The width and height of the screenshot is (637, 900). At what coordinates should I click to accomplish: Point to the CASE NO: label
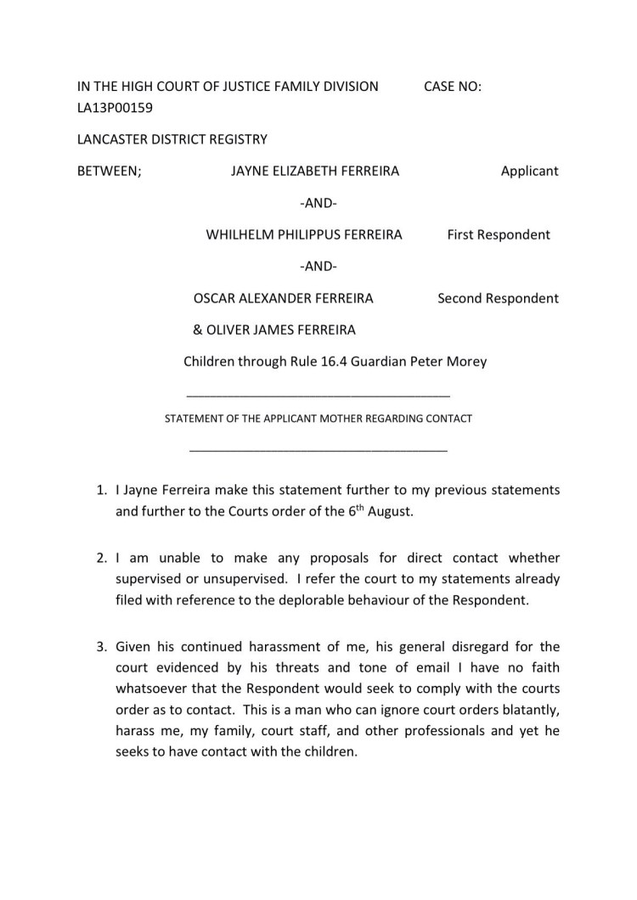click(x=452, y=86)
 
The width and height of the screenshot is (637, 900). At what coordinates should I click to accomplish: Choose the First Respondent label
click(x=499, y=234)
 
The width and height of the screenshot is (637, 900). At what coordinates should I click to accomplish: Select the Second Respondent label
click(x=498, y=298)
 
